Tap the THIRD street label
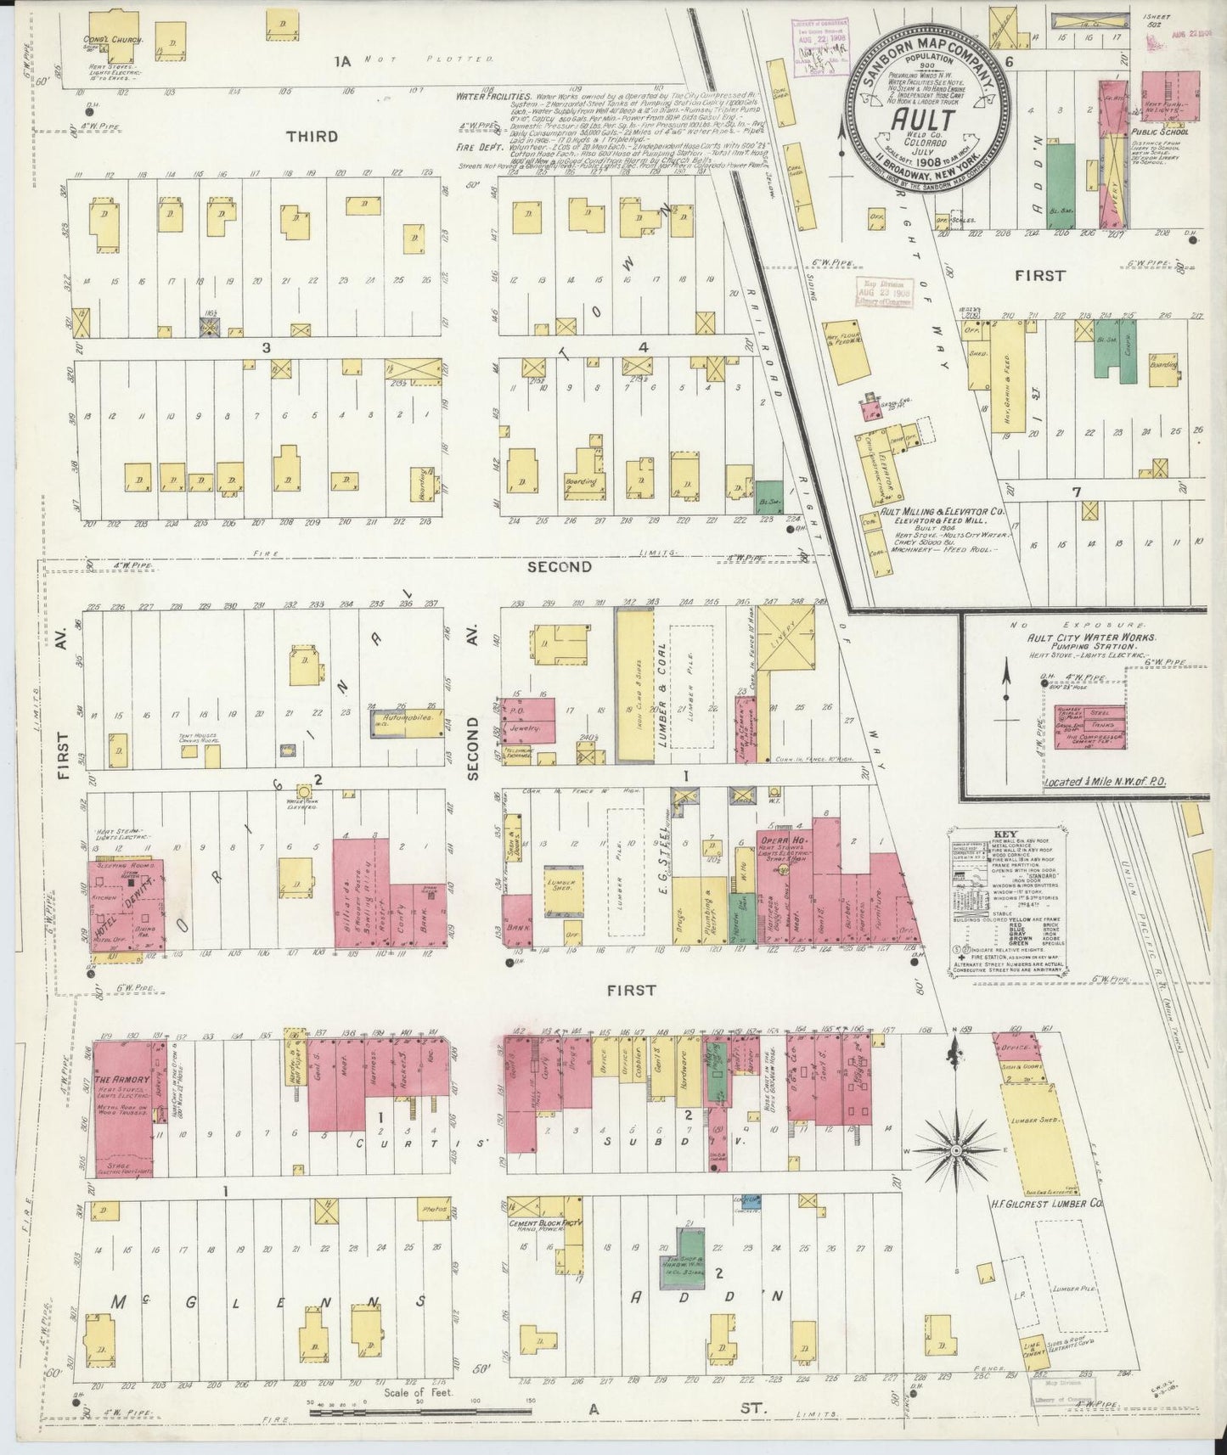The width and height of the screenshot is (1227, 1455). [312, 136]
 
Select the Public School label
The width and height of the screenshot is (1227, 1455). [1160, 132]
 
